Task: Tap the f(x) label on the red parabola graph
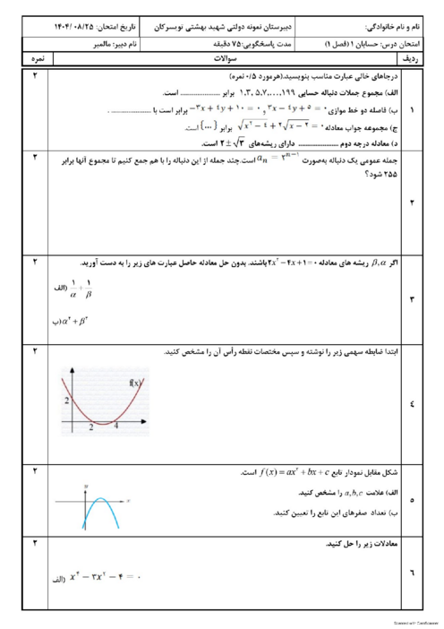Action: [x=136, y=383]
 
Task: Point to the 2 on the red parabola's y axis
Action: [x=65, y=400]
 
